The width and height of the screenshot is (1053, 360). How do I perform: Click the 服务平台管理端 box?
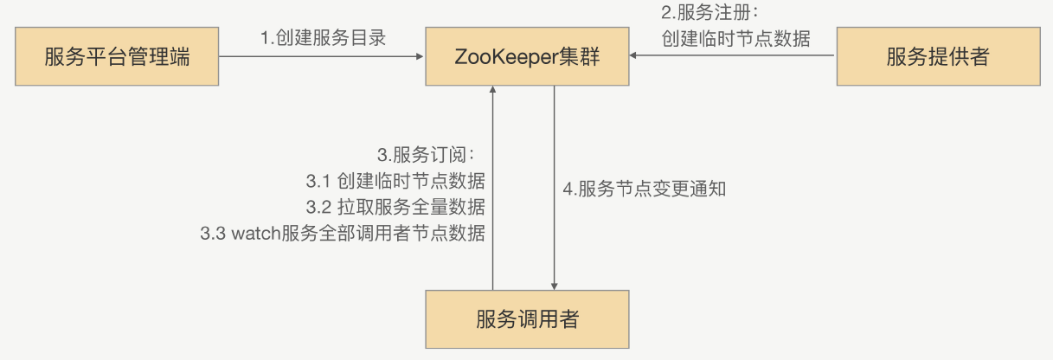[x=118, y=57]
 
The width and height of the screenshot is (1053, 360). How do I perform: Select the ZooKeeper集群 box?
[x=527, y=57]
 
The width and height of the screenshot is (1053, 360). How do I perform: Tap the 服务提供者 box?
[x=937, y=57]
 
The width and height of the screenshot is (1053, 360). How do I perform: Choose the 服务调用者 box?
[x=527, y=319]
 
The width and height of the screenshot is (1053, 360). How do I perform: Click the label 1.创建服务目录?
[x=323, y=38]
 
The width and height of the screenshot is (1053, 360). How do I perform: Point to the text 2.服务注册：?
[x=709, y=15]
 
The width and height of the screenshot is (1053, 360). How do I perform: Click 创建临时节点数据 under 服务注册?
[x=735, y=39]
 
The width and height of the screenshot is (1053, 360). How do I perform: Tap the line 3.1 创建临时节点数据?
[x=395, y=182]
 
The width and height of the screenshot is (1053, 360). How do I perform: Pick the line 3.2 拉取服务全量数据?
[x=395, y=208]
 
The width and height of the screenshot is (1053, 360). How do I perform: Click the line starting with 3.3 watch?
[x=343, y=234]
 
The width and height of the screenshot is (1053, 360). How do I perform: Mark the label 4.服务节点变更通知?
[x=645, y=189]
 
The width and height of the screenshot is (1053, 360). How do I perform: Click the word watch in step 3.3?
[x=256, y=234]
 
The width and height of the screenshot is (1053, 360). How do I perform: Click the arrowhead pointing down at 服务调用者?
[x=554, y=286]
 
